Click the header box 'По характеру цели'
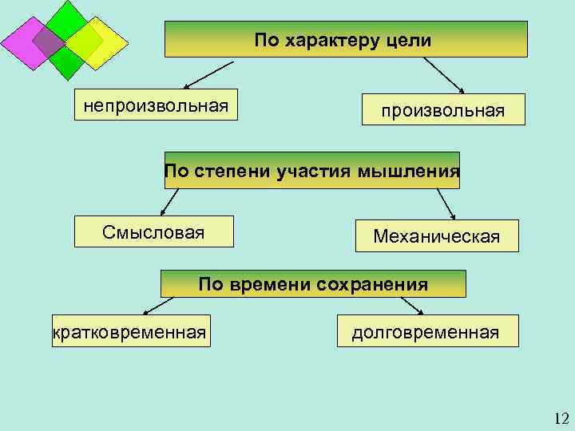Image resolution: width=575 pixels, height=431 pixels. point(346,39)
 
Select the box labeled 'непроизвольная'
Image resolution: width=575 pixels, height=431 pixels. point(157,105)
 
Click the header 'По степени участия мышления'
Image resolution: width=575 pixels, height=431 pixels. point(312,170)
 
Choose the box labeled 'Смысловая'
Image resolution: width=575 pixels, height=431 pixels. point(153,231)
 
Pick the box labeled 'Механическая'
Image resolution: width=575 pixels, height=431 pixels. point(436,236)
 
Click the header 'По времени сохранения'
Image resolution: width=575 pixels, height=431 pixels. point(313,283)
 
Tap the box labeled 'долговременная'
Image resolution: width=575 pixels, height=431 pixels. point(426,331)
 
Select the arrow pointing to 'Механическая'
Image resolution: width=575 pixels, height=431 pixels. point(445,203)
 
